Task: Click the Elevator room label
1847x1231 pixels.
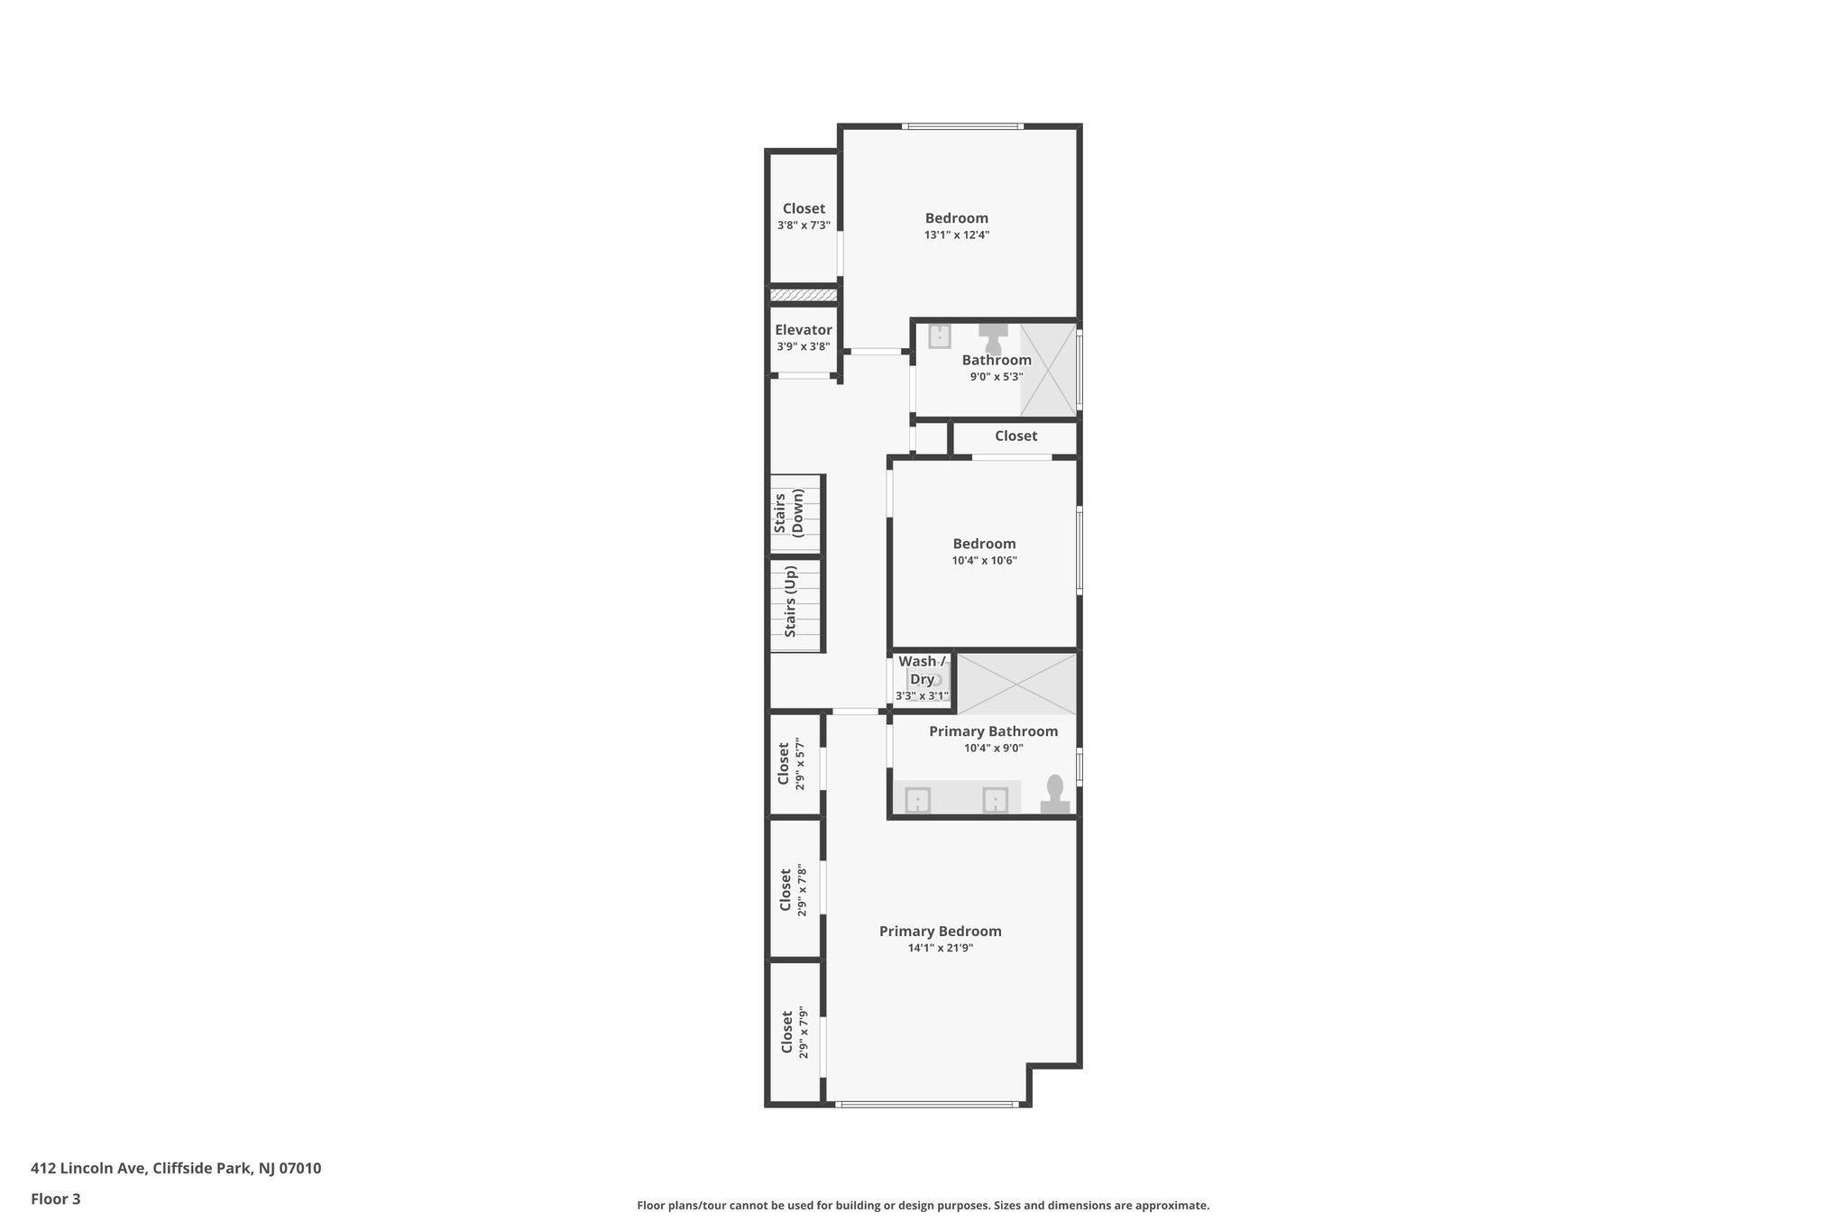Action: pyautogui.click(x=803, y=330)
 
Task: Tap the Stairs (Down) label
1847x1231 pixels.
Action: pyautogui.click(x=788, y=514)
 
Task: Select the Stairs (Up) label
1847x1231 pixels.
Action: pyautogui.click(x=790, y=602)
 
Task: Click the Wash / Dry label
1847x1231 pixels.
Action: pyautogui.click(x=922, y=670)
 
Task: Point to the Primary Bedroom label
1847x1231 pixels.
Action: pyautogui.click(x=940, y=932)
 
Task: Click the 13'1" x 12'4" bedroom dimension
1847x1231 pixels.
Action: pyautogui.click(x=956, y=234)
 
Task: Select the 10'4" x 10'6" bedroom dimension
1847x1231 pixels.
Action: pyautogui.click(x=984, y=560)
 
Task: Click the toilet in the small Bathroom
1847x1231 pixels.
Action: pyautogui.click(x=993, y=338)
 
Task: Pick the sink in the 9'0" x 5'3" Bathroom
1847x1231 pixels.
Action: pyautogui.click(x=940, y=336)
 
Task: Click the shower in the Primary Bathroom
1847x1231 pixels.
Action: pyautogui.click(x=1016, y=684)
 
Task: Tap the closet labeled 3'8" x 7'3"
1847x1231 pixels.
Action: pyautogui.click(x=803, y=216)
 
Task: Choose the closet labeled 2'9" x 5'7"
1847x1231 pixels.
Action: pyautogui.click(x=790, y=764)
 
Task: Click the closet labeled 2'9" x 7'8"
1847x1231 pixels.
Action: pyautogui.click(x=791, y=889)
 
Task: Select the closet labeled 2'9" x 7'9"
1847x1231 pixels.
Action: pyautogui.click(x=792, y=1033)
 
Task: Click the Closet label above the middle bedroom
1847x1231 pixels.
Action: pyautogui.click(x=1015, y=436)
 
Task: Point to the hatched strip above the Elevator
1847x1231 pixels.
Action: pyautogui.click(x=803, y=295)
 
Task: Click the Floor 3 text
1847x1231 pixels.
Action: pyautogui.click(x=56, y=1199)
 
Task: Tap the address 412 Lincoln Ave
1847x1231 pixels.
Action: pyautogui.click(x=176, y=1168)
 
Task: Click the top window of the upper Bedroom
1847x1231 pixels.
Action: pyautogui.click(x=962, y=126)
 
